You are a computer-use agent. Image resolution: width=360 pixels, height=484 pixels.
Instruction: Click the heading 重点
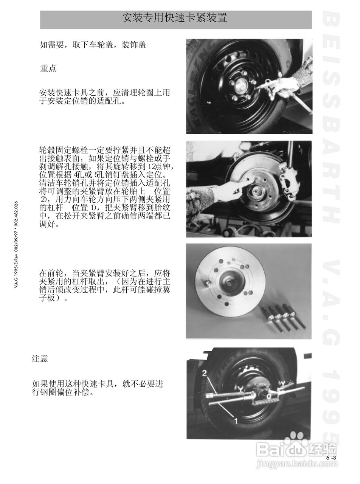(48, 68)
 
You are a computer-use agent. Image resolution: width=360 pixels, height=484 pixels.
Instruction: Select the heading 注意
(40, 358)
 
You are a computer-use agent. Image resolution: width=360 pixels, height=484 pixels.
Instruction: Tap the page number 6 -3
(331, 458)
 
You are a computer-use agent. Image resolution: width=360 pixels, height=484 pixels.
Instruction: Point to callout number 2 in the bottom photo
(204, 373)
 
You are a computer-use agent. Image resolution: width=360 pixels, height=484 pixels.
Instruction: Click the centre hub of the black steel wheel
(239, 87)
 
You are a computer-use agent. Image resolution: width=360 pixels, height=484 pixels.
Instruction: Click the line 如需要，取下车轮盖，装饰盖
(93, 45)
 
